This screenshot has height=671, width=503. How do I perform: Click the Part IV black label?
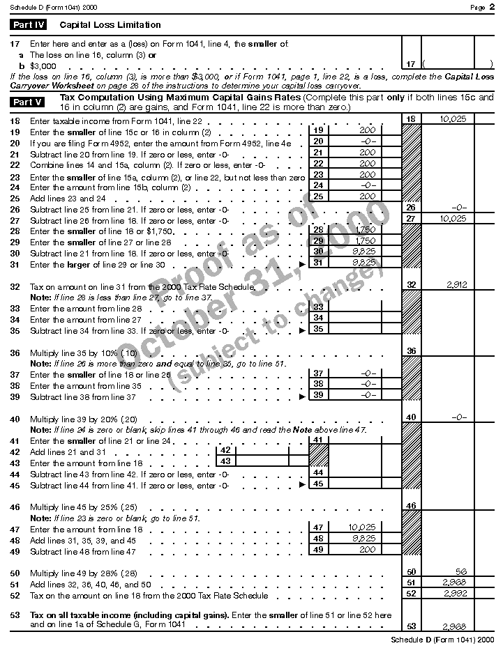click(29, 25)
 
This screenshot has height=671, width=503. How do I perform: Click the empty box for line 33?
click(354, 307)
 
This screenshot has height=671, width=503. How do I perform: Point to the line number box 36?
click(411, 350)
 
